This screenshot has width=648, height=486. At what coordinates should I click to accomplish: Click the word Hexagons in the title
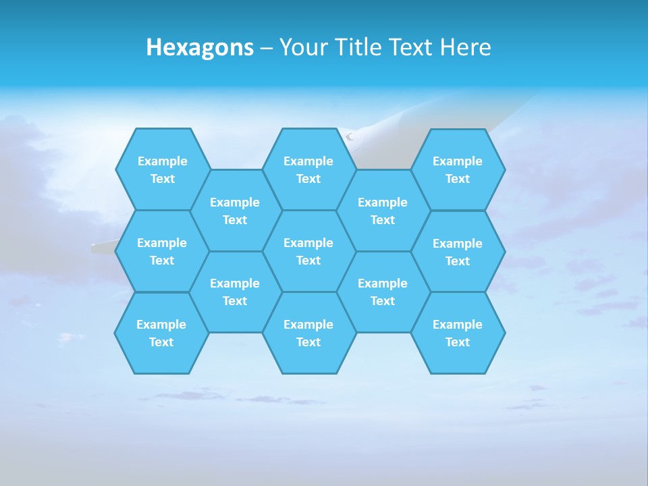[x=200, y=47]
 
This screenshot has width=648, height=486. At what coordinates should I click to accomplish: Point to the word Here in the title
[x=465, y=47]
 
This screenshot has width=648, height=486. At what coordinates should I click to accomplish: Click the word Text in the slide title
[x=411, y=47]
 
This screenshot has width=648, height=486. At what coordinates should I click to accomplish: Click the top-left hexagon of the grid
[x=162, y=169]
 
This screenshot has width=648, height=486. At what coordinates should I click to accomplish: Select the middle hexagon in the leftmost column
[x=162, y=251]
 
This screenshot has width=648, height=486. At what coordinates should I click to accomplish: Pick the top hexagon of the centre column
[x=308, y=169]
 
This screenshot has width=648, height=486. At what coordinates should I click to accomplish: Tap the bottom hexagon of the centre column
[x=308, y=333]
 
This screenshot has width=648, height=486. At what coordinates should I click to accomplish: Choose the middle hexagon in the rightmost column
[x=458, y=252]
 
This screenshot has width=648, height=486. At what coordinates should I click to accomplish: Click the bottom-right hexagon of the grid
[x=458, y=333]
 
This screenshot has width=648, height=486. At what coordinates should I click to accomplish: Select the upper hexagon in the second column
[x=235, y=211]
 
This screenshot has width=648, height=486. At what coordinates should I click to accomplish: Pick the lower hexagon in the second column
[x=235, y=292]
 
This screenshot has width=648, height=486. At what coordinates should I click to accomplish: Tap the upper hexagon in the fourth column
[x=383, y=211]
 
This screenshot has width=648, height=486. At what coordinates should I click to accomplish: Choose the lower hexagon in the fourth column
[x=383, y=292]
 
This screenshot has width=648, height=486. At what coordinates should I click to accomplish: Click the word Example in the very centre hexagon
[x=308, y=243]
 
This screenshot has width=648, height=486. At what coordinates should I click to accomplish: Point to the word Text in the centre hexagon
[x=308, y=261]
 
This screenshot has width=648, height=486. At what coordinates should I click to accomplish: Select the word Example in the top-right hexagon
[x=458, y=161]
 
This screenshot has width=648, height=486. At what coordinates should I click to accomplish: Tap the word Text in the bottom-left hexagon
[x=161, y=342]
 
